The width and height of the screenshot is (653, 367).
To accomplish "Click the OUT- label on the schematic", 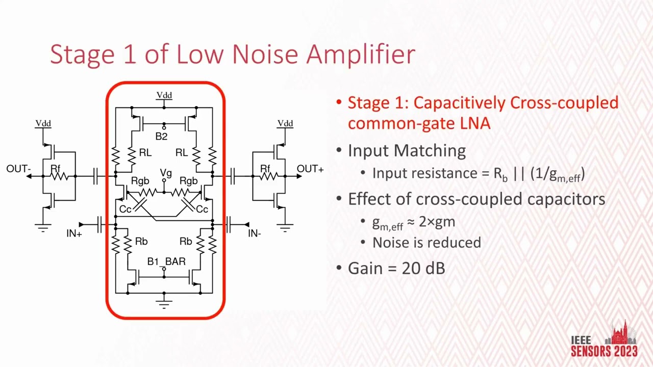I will [18, 169].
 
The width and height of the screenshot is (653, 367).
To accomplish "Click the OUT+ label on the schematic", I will [310, 169].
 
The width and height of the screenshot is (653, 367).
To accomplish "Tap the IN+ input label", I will [74, 233].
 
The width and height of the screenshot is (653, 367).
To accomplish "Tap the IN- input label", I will [255, 233].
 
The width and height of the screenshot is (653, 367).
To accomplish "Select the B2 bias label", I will [161, 137].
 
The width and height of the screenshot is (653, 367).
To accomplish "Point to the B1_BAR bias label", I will [166, 261].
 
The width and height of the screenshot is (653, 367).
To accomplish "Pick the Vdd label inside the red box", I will [164, 95].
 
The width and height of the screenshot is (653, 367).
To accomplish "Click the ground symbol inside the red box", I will [164, 304].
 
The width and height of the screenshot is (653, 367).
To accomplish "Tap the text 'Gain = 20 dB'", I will [396, 268].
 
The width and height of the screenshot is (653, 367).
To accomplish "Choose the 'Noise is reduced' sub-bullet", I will [426, 243].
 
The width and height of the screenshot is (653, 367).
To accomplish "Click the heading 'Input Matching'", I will [407, 151].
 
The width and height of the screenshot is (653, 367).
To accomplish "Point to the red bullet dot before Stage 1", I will [339, 102].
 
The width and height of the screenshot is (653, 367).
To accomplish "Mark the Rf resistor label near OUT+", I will [265, 169].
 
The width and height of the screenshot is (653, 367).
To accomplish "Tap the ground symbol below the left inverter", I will [43, 228].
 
